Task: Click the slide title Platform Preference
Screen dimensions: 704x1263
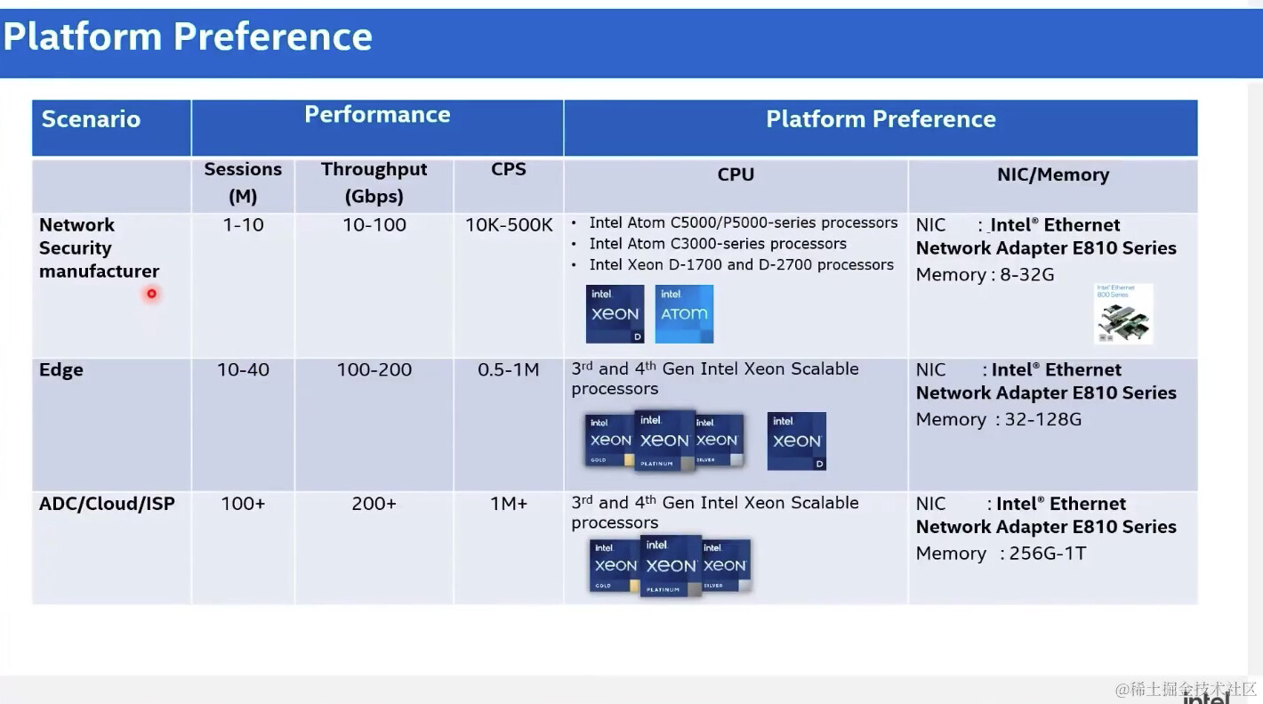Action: pos(188,37)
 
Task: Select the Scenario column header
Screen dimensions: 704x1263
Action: pos(91,119)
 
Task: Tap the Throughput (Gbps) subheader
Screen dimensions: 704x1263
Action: pos(374,182)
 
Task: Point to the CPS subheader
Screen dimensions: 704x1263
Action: pos(508,169)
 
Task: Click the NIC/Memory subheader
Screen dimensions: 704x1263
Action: pos(1052,174)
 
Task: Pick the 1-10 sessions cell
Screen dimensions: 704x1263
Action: pos(243,225)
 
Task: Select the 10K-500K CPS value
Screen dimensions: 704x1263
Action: pos(509,225)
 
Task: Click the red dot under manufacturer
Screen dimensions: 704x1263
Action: pos(152,294)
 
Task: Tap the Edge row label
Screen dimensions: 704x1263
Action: pos(61,369)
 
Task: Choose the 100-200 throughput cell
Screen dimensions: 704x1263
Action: pos(374,369)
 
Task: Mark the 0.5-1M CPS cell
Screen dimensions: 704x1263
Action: pos(508,369)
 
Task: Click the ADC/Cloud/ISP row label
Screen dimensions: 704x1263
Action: pos(107,504)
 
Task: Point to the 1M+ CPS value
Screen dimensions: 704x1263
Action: pos(508,504)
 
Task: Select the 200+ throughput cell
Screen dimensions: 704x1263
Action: pos(374,504)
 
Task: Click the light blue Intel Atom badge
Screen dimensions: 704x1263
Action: pos(684,313)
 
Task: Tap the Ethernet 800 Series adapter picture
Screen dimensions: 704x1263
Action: pos(1123,314)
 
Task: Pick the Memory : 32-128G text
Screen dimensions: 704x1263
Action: pos(999,419)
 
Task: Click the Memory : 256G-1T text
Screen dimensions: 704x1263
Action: pos(1001,554)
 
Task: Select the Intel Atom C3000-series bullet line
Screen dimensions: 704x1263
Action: pos(717,244)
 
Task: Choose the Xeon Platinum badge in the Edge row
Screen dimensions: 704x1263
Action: pos(664,440)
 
